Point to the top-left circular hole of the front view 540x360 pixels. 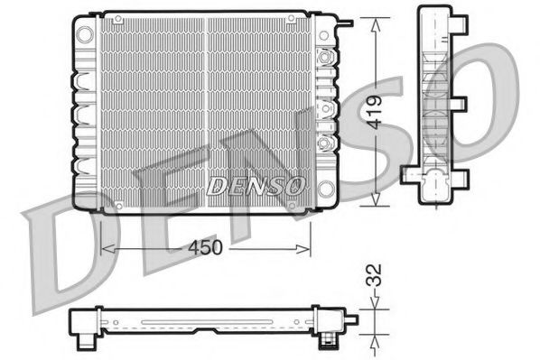[84, 33]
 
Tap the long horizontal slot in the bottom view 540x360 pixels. [208, 319]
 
